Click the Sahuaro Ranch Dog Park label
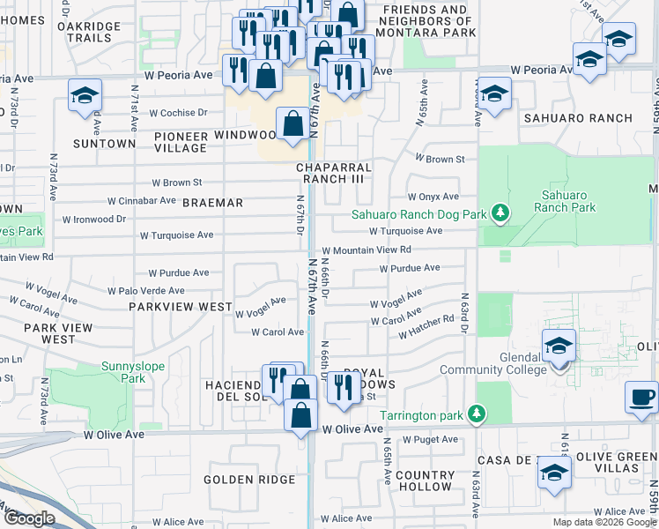tap(419, 213)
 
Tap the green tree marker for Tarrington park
tap(477, 413)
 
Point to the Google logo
tap(29, 518)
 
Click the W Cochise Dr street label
tap(178, 113)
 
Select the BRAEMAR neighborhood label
tap(212, 203)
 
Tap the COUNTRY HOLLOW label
tap(425, 481)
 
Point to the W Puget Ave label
tap(432, 439)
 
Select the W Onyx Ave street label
tap(433, 197)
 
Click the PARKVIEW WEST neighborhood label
tap(180, 307)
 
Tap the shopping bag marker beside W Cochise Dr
tap(292, 125)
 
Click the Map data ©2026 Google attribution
tap(604, 522)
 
